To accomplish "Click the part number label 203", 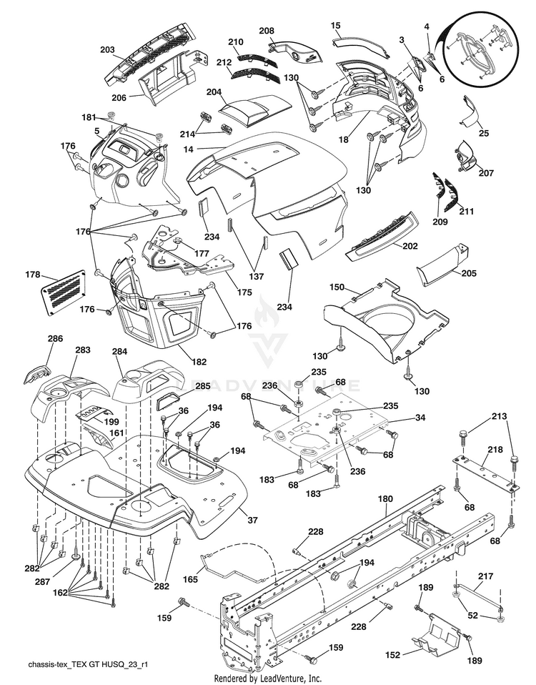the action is pyautogui.click(x=107, y=50).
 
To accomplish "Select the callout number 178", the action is pyautogui.click(x=33, y=275).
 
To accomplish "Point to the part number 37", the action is pyautogui.click(x=252, y=520).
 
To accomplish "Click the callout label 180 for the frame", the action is pyautogui.click(x=385, y=499).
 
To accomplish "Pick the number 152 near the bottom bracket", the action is pyautogui.click(x=393, y=655).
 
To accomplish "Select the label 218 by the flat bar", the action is pyautogui.click(x=495, y=449).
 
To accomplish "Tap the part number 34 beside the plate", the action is pyautogui.click(x=420, y=418).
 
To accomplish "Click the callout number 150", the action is pyautogui.click(x=337, y=287).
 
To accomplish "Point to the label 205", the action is pyautogui.click(x=469, y=273).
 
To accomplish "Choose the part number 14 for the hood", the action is pyautogui.click(x=188, y=149).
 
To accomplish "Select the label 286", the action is pyautogui.click(x=55, y=338).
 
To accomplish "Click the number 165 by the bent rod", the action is pyautogui.click(x=190, y=579).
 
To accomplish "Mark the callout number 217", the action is pyautogui.click(x=486, y=576).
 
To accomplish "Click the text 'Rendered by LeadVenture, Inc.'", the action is pyautogui.click(x=267, y=679).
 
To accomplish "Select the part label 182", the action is pyautogui.click(x=199, y=362).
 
